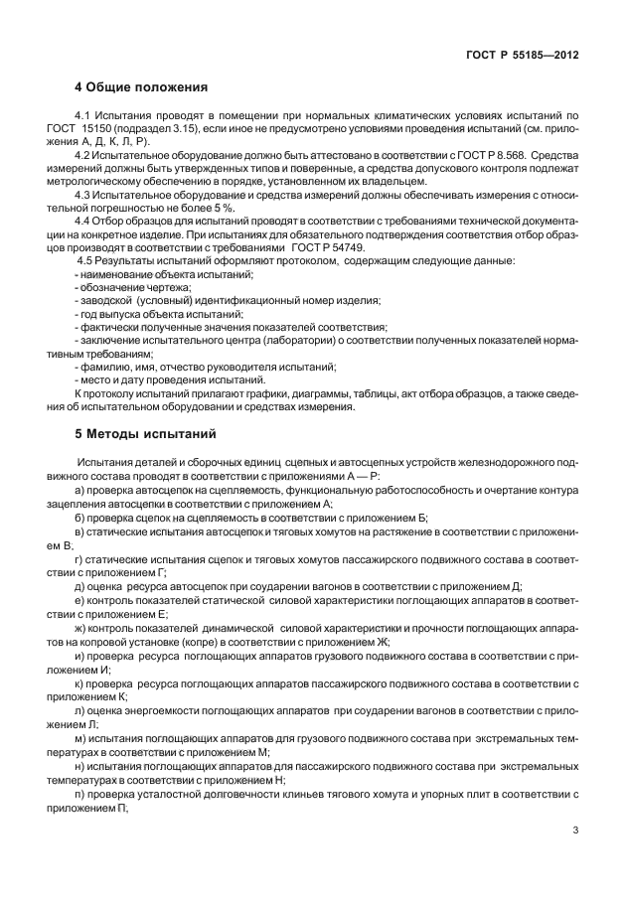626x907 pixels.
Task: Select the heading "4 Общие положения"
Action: pos(141,87)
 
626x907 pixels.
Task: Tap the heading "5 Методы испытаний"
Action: pos(145,434)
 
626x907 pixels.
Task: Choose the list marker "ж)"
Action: pos(81,630)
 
